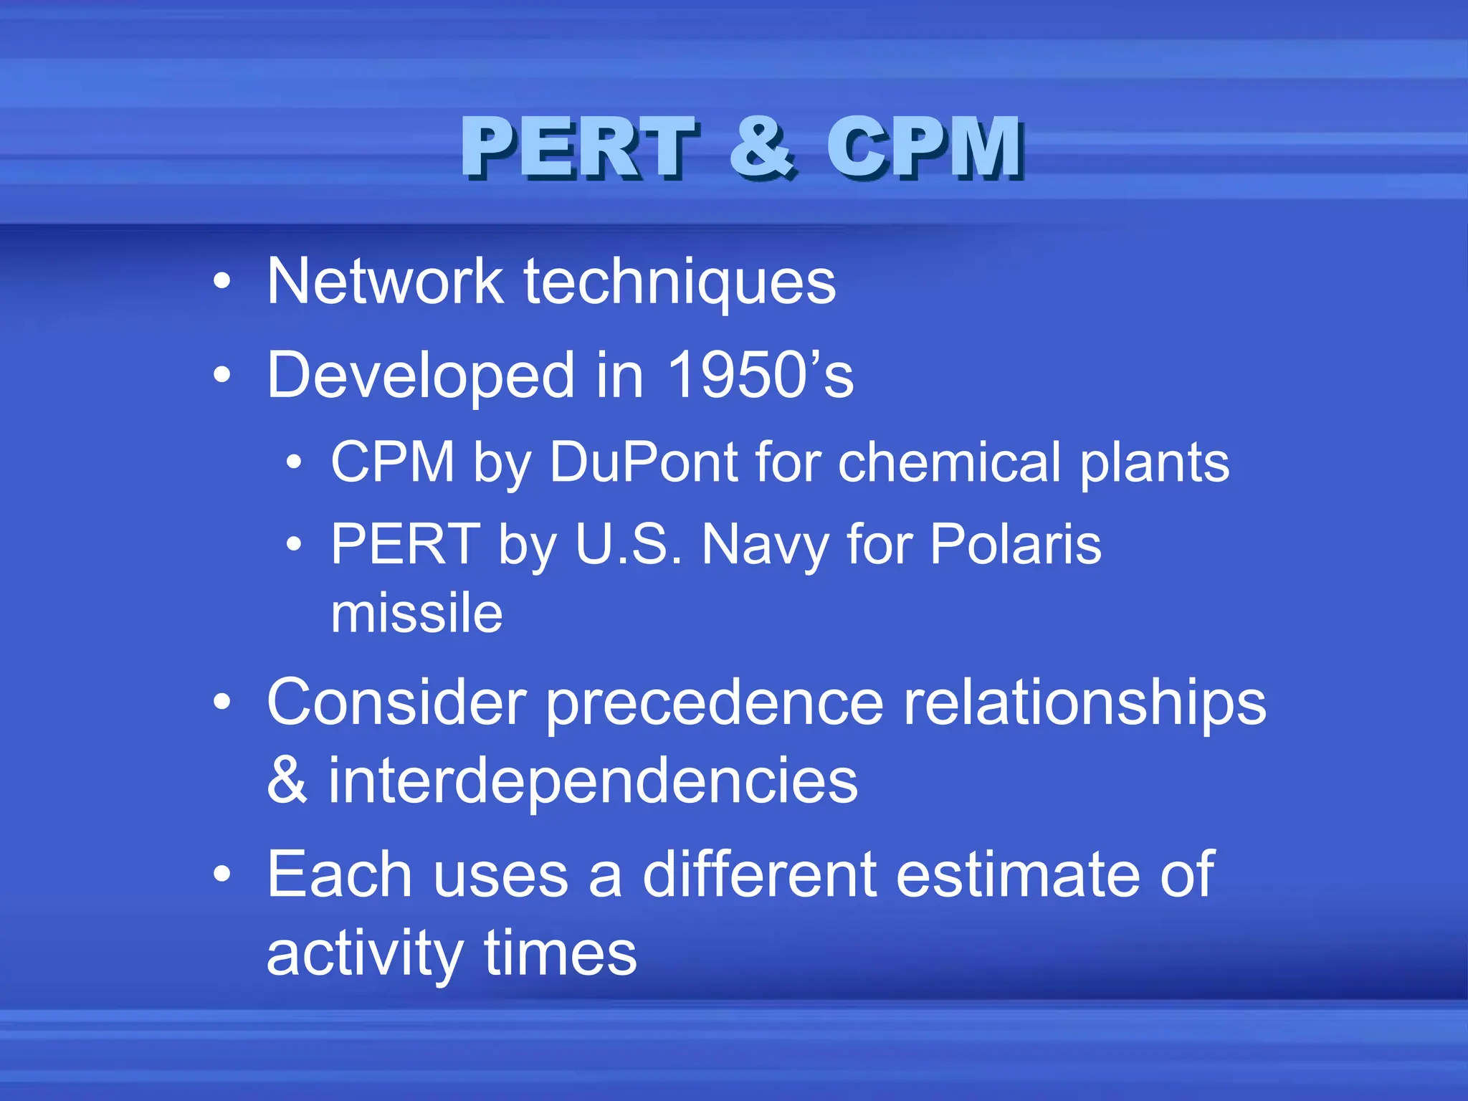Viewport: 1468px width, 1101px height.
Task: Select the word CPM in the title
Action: pyautogui.click(x=925, y=148)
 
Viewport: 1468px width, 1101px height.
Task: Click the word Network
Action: pyautogui.click(x=385, y=282)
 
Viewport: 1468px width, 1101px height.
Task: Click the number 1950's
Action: pyautogui.click(x=760, y=375)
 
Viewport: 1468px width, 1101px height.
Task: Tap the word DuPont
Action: pyautogui.click(x=644, y=462)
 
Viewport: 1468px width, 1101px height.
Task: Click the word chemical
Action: pyautogui.click(x=949, y=462)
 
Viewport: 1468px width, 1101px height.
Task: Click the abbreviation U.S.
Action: pyautogui.click(x=629, y=544)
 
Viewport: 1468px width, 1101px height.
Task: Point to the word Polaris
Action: pyautogui.click(x=1015, y=544)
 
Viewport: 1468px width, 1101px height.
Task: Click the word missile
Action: pyautogui.click(x=416, y=614)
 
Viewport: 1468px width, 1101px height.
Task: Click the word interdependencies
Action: pyautogui.click(x=593, y=782)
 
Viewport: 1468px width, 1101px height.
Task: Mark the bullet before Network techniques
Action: pyautogui.click(x=222, y=282)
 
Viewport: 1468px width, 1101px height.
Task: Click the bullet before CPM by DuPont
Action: pyautogui.click(x=294, y=463)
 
